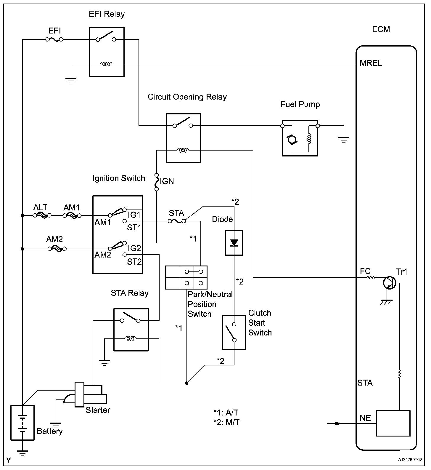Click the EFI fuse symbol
point(54,39)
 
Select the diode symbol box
point(234,243)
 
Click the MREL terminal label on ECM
point(371,63)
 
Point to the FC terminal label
point(365,271)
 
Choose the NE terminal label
point(365,418)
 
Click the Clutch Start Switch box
point(234,332)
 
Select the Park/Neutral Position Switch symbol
point(186,277)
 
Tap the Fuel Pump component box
point(300,138)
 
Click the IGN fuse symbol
point(157,181)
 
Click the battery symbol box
point(22,423)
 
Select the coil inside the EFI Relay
point(106,64)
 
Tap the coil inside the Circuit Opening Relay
point(183,150)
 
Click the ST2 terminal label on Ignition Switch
point(134,262)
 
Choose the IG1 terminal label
point(134,214)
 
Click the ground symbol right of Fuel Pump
point(343,139)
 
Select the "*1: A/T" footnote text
point(226,413)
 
